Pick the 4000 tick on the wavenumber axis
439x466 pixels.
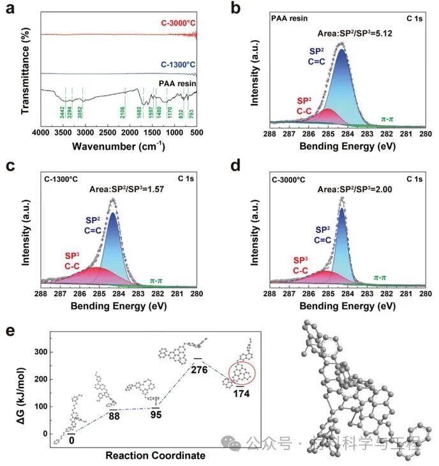pos(41,133)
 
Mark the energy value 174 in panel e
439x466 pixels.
pos(241,393)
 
